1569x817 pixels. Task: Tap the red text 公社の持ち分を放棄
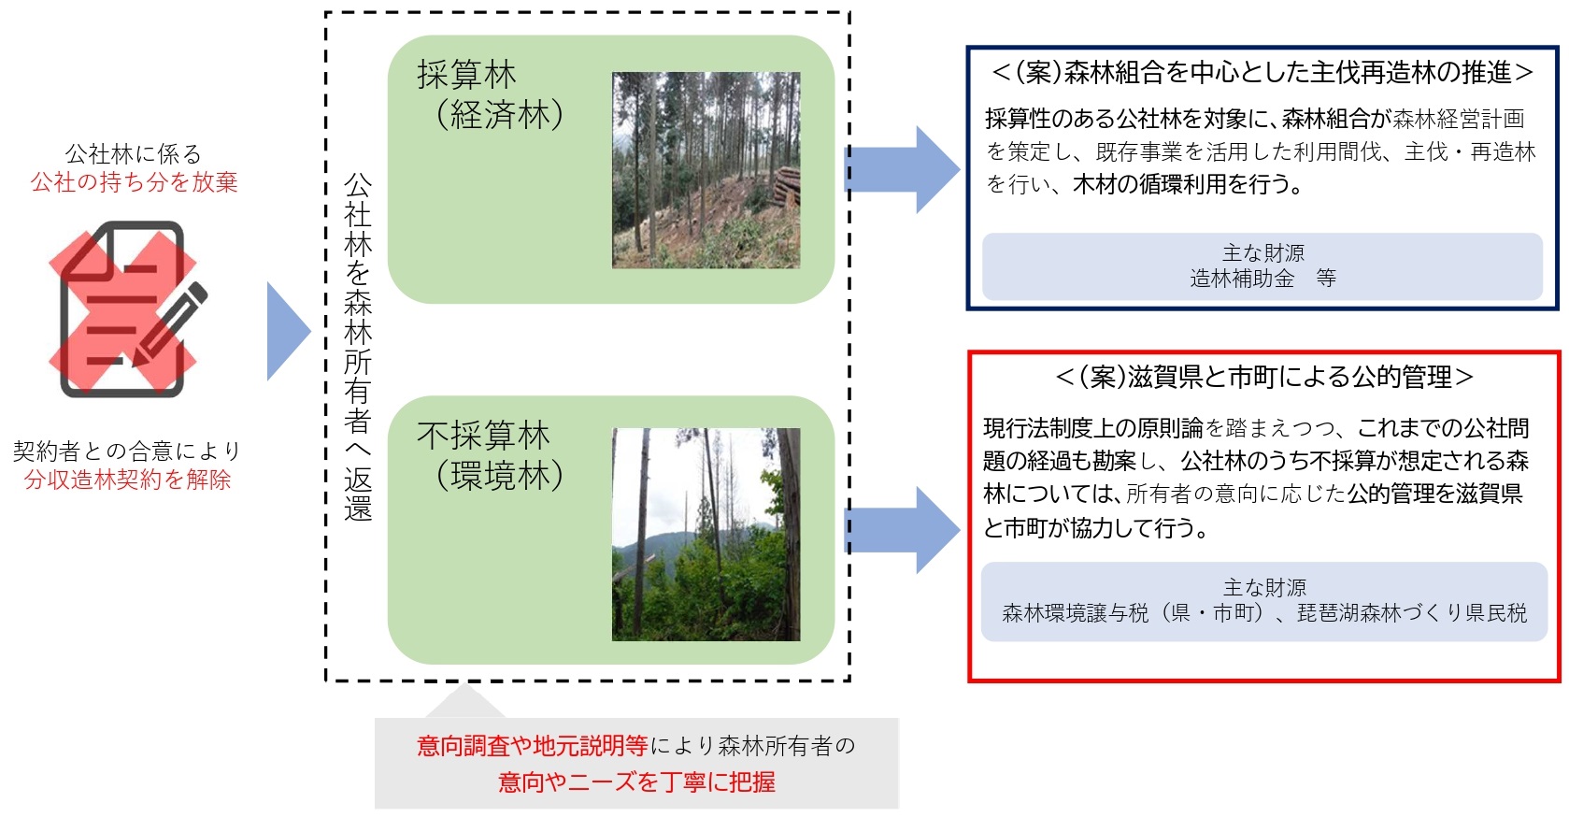pyautogui.click(x=134, y=182)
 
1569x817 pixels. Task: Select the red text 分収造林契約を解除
pyautogui.click(x=127, y=480)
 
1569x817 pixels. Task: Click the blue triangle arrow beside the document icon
pyautogui.click(x=288, y=332)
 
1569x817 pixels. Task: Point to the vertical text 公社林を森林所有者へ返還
pyautogui.click(x=357, y=347)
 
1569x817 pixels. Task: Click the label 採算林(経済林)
pyautogui.click(x=491, y=94)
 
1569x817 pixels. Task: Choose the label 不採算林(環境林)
pyautogui.click(x=491, y=455)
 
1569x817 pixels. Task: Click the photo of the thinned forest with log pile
pyautogui.click(x=706, y=170)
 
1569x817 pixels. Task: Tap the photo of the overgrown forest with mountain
pyautogui.click(x=706, y=535)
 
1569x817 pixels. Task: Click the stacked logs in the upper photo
pyautogui.click(x=787, y=186)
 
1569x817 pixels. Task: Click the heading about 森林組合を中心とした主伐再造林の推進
pyautogui.click(x=1262, y=72)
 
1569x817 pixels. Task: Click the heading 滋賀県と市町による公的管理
pyautogui.click(x=1264, y=377)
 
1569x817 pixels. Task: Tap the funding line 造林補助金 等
pyautogui.click(x=1262, y=279)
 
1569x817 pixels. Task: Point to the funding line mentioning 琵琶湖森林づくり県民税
pyautogui.click(x=1264, y=613)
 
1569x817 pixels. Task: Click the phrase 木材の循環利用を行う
pyautogui.click(x=1188, y=184)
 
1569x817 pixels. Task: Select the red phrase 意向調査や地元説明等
pyautogui.click(x=533, y=746)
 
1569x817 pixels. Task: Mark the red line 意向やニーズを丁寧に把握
pyautogui.click(x=636, y=782)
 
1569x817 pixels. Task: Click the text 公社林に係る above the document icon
pyautogui.click(x=133, y=154)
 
